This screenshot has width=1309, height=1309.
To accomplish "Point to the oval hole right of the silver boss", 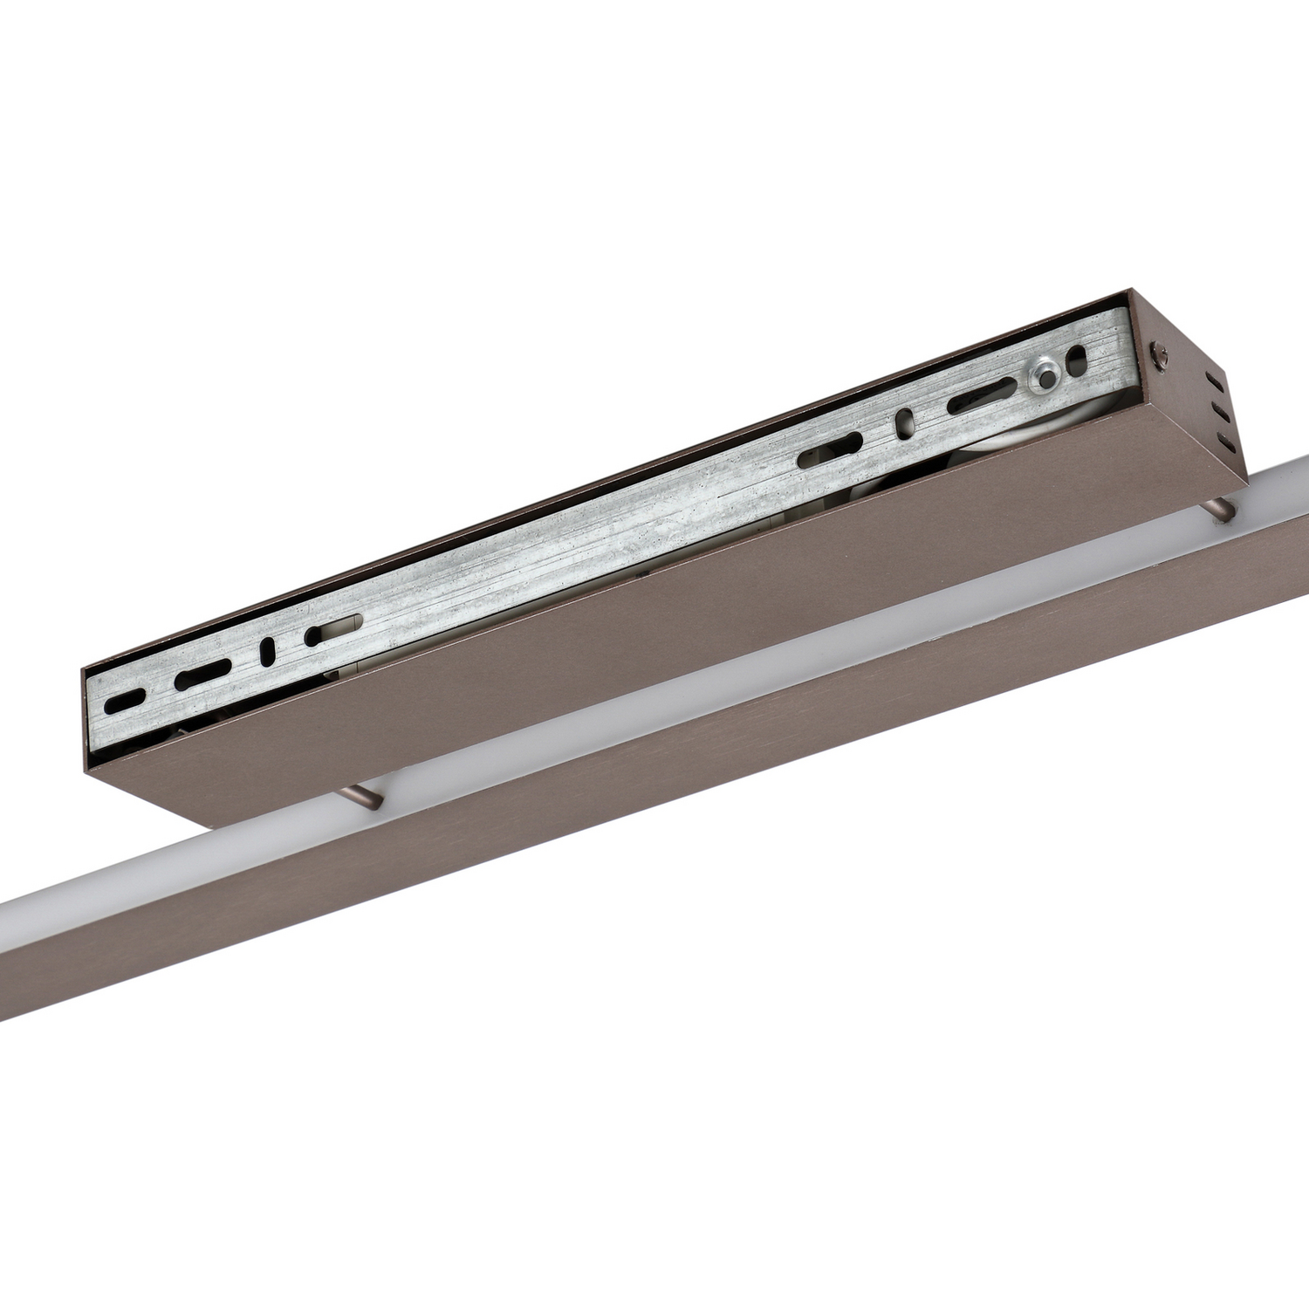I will [x=1079, y=360].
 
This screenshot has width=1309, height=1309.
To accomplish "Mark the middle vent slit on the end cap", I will [x=1219, y=412].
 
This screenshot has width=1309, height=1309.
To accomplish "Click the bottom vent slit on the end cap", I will [x=1224, y=441].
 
